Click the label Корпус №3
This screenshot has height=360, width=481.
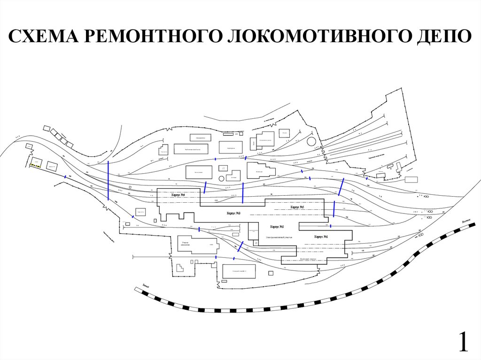[x=233, y=213]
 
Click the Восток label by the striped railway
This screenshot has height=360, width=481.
[x=466, y=220]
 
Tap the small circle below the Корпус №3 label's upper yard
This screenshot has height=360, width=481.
[x=223, y=168]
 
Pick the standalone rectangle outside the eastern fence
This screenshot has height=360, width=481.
[x=411, y=179]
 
